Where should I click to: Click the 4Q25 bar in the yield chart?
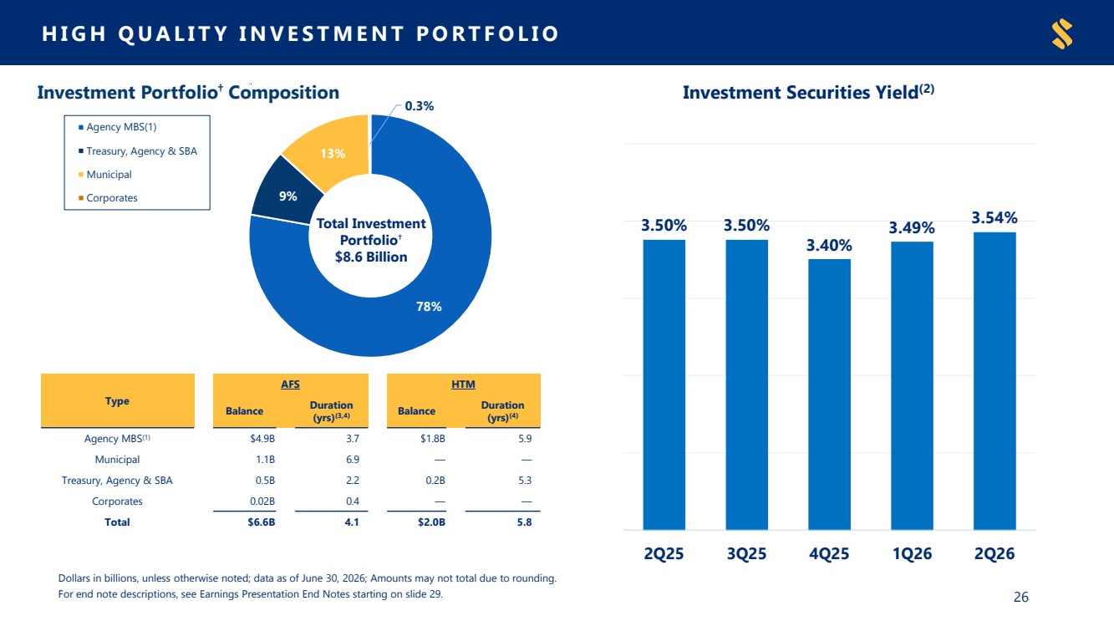(x=829, y=394)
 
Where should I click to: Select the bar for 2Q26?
(x=994, y=381)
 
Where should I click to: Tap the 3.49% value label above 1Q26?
(x=912, y=227)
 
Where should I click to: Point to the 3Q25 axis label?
(x=746, y=553)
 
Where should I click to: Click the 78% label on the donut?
(x=429, y=306)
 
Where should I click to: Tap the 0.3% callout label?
(x=420, y=106)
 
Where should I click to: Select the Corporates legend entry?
(x=108, y=198)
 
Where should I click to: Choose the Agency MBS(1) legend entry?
(x=117, y=127)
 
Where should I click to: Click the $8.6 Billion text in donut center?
(x=371, y=257)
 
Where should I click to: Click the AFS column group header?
(x=291, y=384)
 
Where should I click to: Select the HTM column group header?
(x=463, y=384)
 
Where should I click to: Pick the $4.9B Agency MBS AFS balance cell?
(x=262, y=439)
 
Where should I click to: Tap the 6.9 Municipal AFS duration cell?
(x=353, y=460)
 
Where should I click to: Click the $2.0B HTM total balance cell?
(x=431, y=522)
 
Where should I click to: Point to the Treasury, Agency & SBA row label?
(x=117, y=481)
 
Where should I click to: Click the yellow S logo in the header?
(x=1062, y=33)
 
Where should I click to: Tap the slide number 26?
(x=1021, y=597)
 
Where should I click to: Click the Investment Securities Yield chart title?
(x=808, y=93)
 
